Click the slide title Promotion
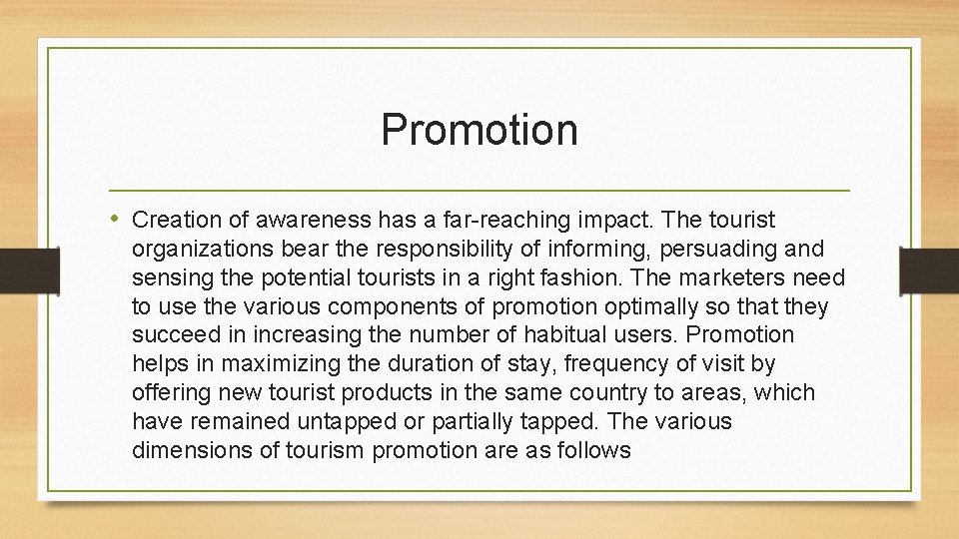tap(479, 130)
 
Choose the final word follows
tap(592, 450)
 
